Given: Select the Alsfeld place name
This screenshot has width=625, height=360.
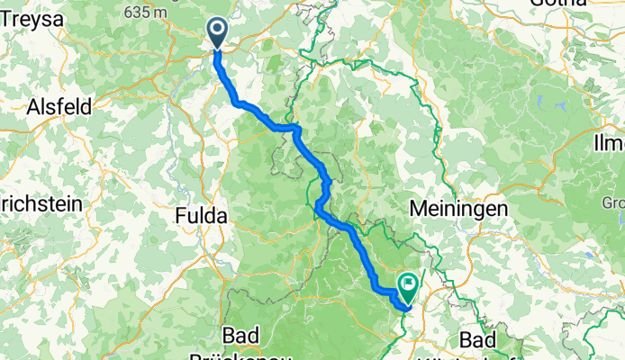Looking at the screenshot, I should click(59, 107).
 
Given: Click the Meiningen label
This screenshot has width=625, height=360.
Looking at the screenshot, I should click(458, 208).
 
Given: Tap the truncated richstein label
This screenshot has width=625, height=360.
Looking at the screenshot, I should click(41, 203).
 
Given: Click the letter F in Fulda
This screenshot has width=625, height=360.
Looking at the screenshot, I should click(179, 215).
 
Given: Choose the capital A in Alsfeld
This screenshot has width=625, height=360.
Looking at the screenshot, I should click(35, 107).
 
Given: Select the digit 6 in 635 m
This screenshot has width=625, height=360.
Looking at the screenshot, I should click(132, 12).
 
